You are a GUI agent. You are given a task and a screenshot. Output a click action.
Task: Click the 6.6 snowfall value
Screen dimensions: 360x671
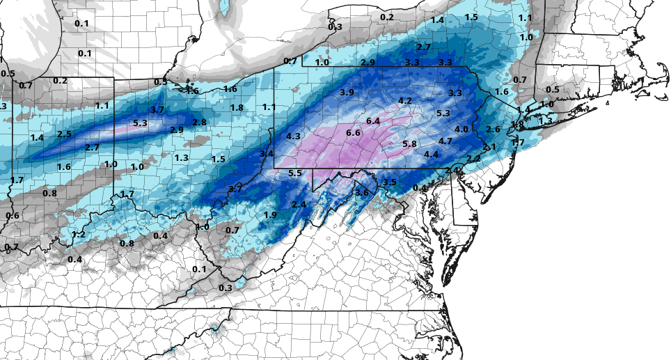click(x=353, y=133)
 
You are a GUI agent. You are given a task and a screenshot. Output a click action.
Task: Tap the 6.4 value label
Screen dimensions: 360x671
click(x=373, y=121)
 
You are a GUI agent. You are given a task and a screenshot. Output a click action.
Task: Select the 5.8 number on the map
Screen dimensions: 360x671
click(x=409, y=144)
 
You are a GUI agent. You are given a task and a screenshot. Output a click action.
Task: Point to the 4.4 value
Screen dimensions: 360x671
click(x=431, y=154)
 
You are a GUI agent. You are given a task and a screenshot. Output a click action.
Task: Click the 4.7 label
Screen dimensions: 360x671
click(x=445, y=141)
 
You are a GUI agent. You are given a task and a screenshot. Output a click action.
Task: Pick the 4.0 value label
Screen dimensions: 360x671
click(x=461, y=130)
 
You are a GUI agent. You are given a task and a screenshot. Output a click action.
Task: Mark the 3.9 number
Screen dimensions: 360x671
click(x=347, y=93)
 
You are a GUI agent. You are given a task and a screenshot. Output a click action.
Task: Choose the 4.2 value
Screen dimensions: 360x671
click(x=405, y=101)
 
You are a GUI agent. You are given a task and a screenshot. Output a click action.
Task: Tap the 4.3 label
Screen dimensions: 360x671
click(x=293, y=136)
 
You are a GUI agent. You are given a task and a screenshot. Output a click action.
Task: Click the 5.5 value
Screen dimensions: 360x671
click(x=294, y=173)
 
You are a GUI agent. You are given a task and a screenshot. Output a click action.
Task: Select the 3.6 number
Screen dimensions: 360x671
click(x=361, y=193)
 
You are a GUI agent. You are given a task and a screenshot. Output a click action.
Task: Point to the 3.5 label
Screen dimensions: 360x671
click(x=390, y=182)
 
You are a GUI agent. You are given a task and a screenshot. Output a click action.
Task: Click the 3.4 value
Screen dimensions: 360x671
click(x=267, y=153)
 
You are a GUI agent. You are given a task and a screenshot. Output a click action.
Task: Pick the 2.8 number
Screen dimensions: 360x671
click(x=199, y=123)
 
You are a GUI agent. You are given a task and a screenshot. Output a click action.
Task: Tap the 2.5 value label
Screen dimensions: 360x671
click(x=65, y=134)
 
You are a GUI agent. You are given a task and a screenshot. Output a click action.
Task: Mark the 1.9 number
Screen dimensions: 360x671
click(x=271, y=214)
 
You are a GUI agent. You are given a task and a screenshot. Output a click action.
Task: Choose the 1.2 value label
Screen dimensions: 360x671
click(x=79, y=234)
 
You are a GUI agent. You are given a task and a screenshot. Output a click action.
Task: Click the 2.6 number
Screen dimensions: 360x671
click(x=494, y=130)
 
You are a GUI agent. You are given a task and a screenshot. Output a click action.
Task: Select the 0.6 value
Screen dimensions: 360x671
click(x=12, y=216)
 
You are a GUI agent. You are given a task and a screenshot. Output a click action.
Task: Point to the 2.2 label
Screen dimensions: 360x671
click(x=474, y=159)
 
